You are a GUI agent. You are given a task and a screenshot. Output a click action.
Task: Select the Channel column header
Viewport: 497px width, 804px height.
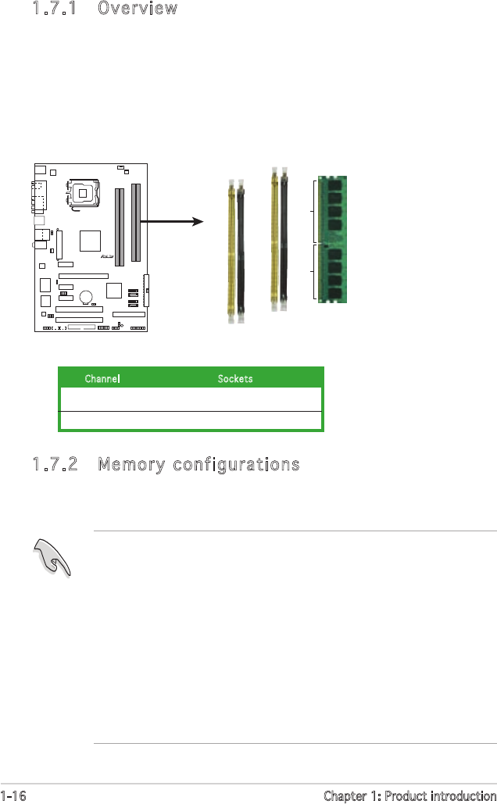tap(102, 378)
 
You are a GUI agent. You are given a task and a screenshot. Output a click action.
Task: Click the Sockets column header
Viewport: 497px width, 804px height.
tap(234, 378)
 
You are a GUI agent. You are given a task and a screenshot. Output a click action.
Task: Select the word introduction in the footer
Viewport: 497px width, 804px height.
tap(458, 795)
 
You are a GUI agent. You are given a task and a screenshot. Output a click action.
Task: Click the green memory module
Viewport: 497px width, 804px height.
tap(334, 239)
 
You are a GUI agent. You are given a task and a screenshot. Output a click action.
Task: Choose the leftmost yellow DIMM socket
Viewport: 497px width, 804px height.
tap(231, 250)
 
